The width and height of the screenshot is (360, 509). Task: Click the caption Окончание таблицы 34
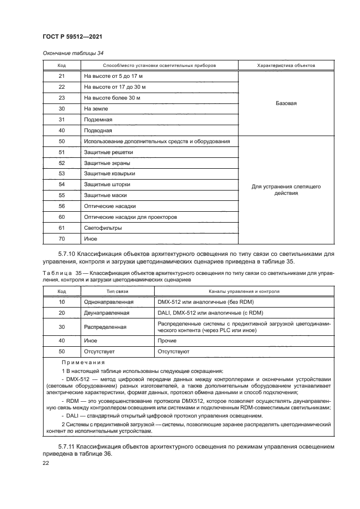[69, 53]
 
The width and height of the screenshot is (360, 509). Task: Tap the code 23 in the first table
[62, 98]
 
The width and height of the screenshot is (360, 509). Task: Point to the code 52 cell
[62, 163]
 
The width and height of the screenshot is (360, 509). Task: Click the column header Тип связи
[117, 291]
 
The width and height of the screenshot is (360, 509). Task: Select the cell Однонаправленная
[109, 302]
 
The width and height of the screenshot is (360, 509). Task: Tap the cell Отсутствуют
[173, 352]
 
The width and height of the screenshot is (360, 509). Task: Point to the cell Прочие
[167, 340]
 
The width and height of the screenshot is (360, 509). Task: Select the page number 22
[46, 463]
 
